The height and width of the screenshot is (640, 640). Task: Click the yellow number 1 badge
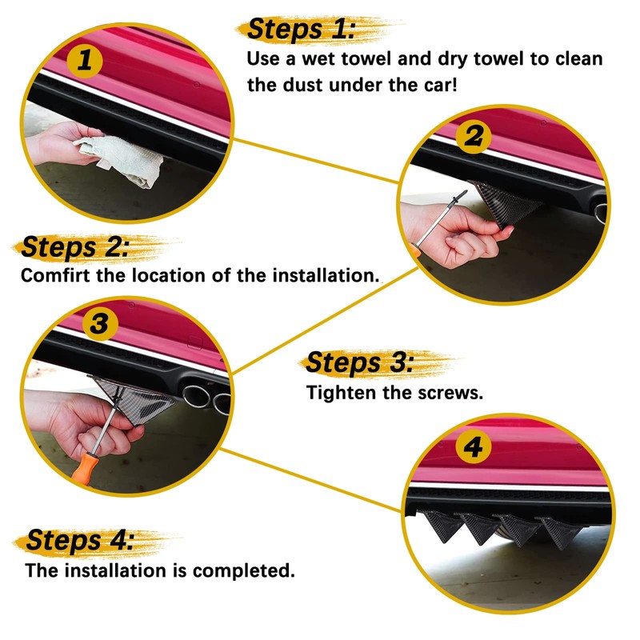85,61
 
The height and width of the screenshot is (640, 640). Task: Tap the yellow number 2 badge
473,136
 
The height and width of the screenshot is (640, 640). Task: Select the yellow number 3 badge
100,324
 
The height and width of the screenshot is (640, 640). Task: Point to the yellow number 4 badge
474,446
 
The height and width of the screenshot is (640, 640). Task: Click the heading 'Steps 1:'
301,30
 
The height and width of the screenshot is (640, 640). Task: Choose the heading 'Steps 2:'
74,247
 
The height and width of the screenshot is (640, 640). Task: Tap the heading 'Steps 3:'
359,362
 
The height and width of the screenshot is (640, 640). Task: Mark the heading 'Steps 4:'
80,541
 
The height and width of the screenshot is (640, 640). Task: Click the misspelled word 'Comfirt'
55,275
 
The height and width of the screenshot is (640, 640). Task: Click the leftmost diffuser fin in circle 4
444,526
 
